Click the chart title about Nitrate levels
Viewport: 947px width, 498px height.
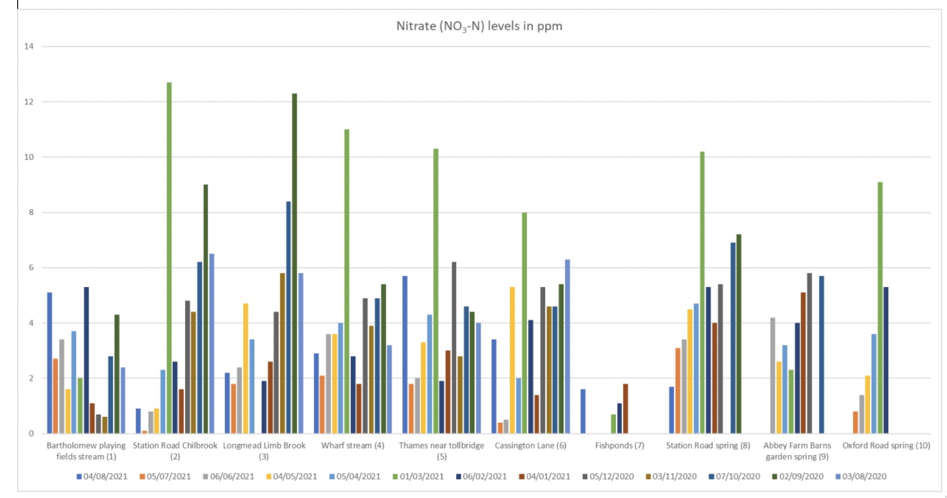tap(479, 26)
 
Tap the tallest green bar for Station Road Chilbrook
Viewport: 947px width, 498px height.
tap(169, 256)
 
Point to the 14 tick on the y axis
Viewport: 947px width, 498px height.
tap(29, 46)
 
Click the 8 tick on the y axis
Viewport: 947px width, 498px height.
tap(30, 212)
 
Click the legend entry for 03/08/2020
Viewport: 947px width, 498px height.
tap(861, 476)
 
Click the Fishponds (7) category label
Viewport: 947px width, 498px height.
tap(619, 445)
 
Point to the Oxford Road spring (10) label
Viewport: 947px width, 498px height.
tap(886, 445)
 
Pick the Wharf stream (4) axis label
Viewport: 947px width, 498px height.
tap(352, 445)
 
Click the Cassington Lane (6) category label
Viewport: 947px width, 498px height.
tap(530, 445)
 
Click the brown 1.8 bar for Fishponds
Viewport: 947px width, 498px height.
tap(625, 408)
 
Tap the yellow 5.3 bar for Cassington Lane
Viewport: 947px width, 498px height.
tap(512, 360)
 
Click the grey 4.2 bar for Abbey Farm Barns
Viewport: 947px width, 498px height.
tap(773, 375)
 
